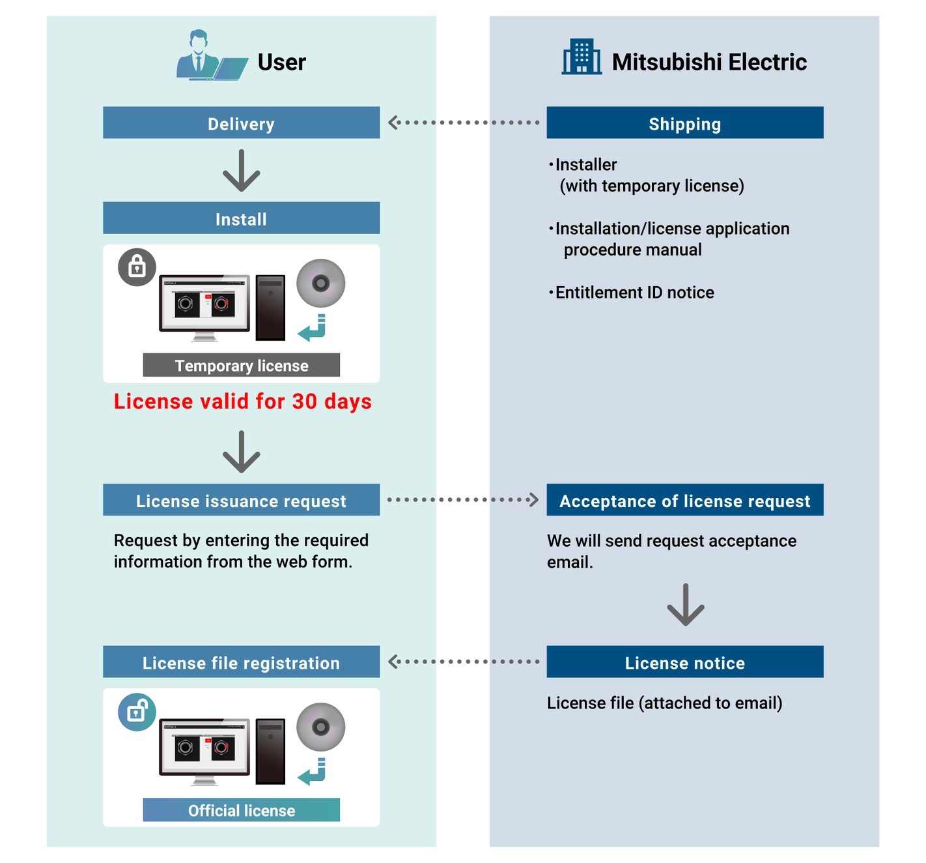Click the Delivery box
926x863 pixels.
click(241, 123)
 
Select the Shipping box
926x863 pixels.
click(684, 123)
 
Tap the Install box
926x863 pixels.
click(241, 218)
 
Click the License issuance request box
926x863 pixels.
click(241, 499)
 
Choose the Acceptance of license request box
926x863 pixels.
click(684, 499)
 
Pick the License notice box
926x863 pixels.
click(684, 662)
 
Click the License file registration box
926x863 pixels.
click(241, 662)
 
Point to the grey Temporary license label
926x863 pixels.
click(241, 364)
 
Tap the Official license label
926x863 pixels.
click(241, 810)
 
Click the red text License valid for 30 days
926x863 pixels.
click(242, 402)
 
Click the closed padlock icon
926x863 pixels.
click(137, 267)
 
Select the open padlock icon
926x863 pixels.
click(137, 712)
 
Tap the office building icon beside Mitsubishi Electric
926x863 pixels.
click(581, 57)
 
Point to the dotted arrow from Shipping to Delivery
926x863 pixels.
click(464, 123)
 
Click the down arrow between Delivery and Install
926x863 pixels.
click(241, 170)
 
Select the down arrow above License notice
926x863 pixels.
click(685, 604)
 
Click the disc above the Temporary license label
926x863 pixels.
click(321, 283)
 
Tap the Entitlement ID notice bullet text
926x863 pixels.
click(631, 293)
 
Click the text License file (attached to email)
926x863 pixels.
click(664, 703)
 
